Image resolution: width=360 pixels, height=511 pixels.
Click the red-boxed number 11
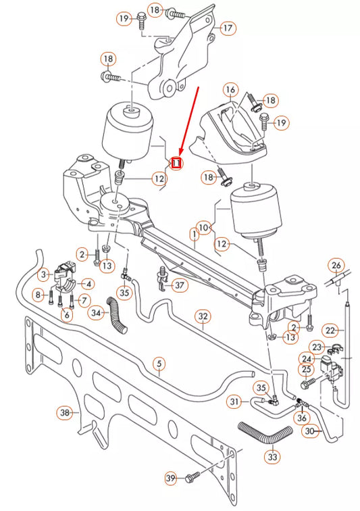176,163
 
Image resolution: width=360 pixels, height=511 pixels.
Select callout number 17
228,28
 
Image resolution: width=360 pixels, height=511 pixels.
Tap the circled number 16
230,90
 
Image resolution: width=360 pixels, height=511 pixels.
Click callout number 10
203,228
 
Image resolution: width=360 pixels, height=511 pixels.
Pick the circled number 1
194,234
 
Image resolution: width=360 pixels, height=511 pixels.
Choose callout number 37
180,285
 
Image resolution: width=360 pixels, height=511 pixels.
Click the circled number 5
159,364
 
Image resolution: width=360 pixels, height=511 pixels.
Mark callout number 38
65,412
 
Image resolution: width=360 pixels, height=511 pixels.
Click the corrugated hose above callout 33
265,433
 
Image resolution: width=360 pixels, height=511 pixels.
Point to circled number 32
203,316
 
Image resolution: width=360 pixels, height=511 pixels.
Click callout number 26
336,266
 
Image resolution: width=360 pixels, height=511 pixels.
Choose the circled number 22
330,331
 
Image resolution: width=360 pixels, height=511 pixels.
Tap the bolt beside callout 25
309,383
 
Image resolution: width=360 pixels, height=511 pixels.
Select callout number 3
44,274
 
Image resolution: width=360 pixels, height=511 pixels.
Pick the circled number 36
302,418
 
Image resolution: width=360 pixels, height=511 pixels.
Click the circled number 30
309,431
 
